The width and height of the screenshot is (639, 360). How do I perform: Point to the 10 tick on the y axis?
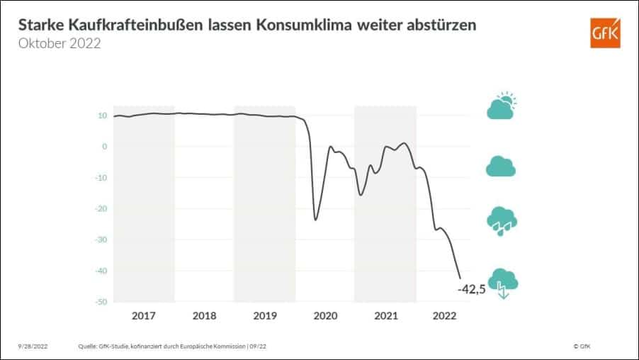pyautogui.click(x=103, y=116)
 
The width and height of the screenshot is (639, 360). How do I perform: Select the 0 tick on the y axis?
pyautogui.click(x=104, y=147)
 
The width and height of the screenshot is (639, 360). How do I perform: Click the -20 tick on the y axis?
pyautogui.click(x=101, y=209)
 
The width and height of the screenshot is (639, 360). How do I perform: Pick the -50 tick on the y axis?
pyautogui.click(x=101, y=302)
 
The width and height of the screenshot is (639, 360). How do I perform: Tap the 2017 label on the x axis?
pyautogui.click(x=144, y=315)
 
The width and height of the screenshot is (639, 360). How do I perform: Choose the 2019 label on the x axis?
pyautogui.click(x=264, y=315)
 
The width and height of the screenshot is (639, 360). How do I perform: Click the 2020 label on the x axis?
pyautogui.click(x=324, y=315)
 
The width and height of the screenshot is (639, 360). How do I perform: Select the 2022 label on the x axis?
pyautogui.click(x=445, y=315)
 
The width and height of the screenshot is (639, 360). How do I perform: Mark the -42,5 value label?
pyautogui.click(x=471, y=289)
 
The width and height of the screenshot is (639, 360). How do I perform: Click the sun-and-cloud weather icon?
pyautogui.click(x=502, y=106)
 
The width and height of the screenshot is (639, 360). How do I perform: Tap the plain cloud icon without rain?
pyautogui.click(x=501, y=167)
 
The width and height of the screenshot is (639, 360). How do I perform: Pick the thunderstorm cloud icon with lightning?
pyautogui.click(x=502, y=283)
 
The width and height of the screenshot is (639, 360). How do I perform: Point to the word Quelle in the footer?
pyautogui.click(x=87, y=346)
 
